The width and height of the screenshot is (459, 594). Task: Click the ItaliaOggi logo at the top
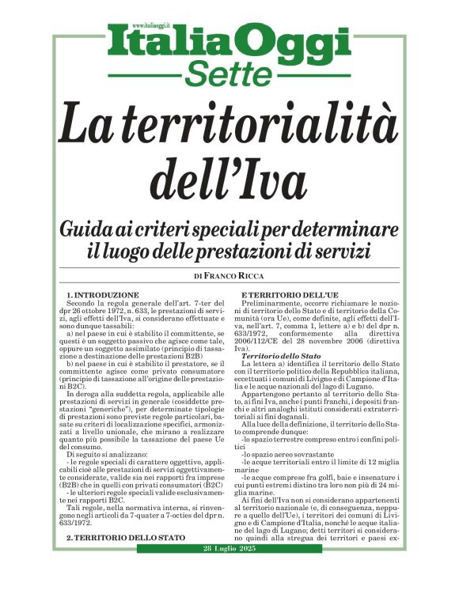[x=229, y=42]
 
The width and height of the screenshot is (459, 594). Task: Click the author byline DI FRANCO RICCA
[x=229, y=277]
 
